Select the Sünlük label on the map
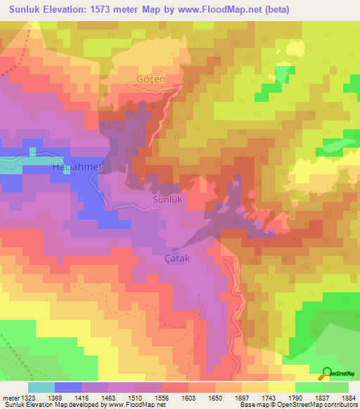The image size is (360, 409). [167, 200]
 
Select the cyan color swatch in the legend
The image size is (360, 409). [41, 387]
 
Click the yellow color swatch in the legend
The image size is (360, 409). [281, 387]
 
